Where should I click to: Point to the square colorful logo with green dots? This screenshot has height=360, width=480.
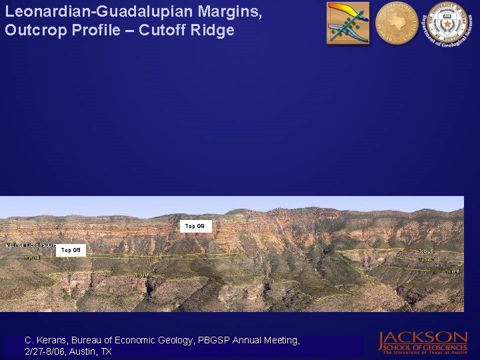[347, 23]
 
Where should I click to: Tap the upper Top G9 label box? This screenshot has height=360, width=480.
[198, 227]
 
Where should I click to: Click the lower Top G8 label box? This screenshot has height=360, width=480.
[71, 251]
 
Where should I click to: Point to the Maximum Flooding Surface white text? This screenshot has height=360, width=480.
[30, 245]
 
